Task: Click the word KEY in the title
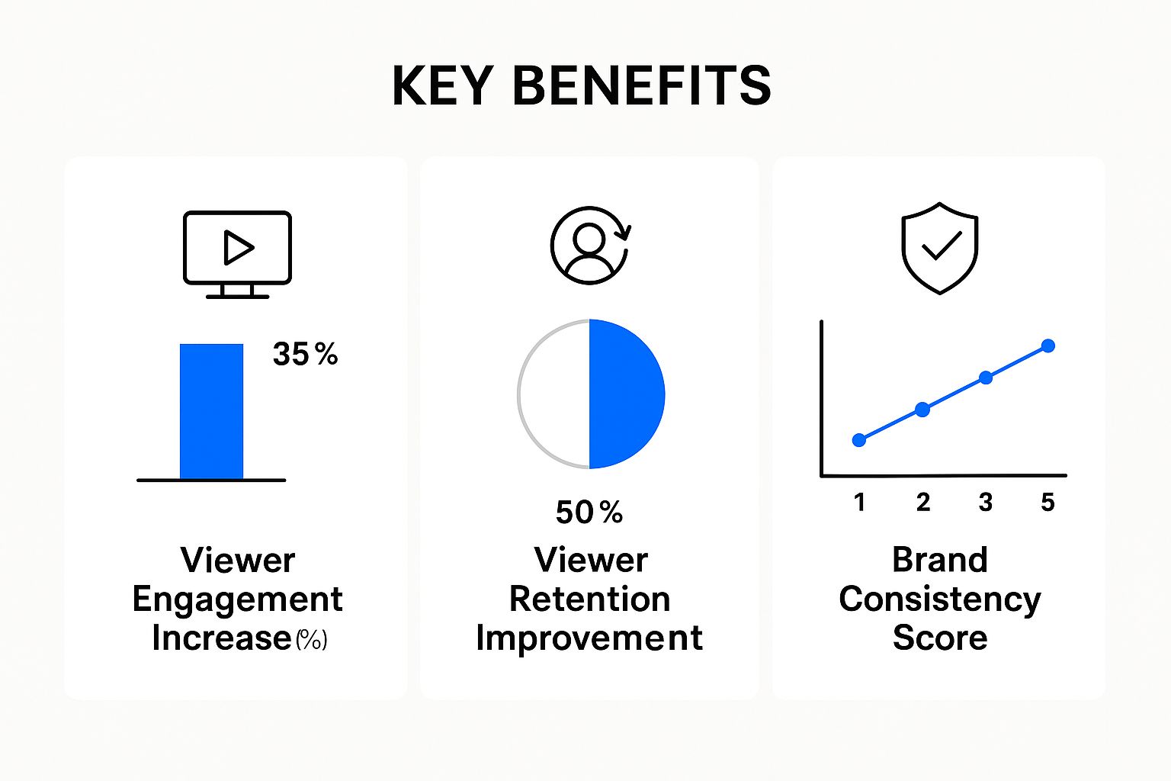coord(441,85)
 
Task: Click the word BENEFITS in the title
coord(641,85)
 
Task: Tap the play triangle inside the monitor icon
coord(238,248)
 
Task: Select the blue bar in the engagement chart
coord(211,412)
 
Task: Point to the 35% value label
coord(305,354)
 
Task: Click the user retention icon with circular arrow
coord(590,246)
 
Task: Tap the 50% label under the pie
coord(589,513)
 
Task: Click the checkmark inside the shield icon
coord(941,246)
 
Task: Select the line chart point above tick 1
coord(859,440)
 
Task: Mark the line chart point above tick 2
coord(922,410)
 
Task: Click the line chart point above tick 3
coord(985,378)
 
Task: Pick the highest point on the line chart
coord(1048,346)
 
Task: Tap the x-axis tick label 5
coord(1048,502)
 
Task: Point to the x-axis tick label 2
coord(922,502)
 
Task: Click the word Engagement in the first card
coord(237,599)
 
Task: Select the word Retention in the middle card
coord(589,599)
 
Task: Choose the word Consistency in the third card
coord(939,599)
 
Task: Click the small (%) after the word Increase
coord(311,639)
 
